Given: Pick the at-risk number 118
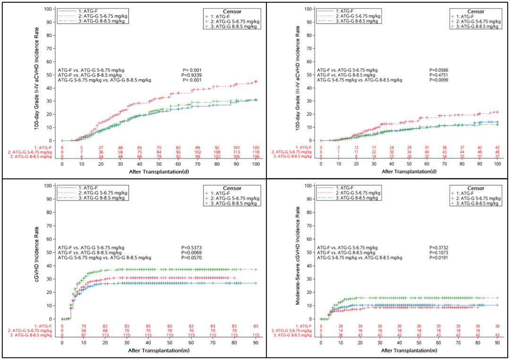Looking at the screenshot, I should [x=255, y=152].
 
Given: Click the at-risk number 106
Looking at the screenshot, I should [x=255, y=157].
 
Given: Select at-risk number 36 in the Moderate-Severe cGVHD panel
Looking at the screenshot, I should [x=341, y=335].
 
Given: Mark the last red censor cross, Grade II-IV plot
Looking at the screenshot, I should [x=255, y=81].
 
